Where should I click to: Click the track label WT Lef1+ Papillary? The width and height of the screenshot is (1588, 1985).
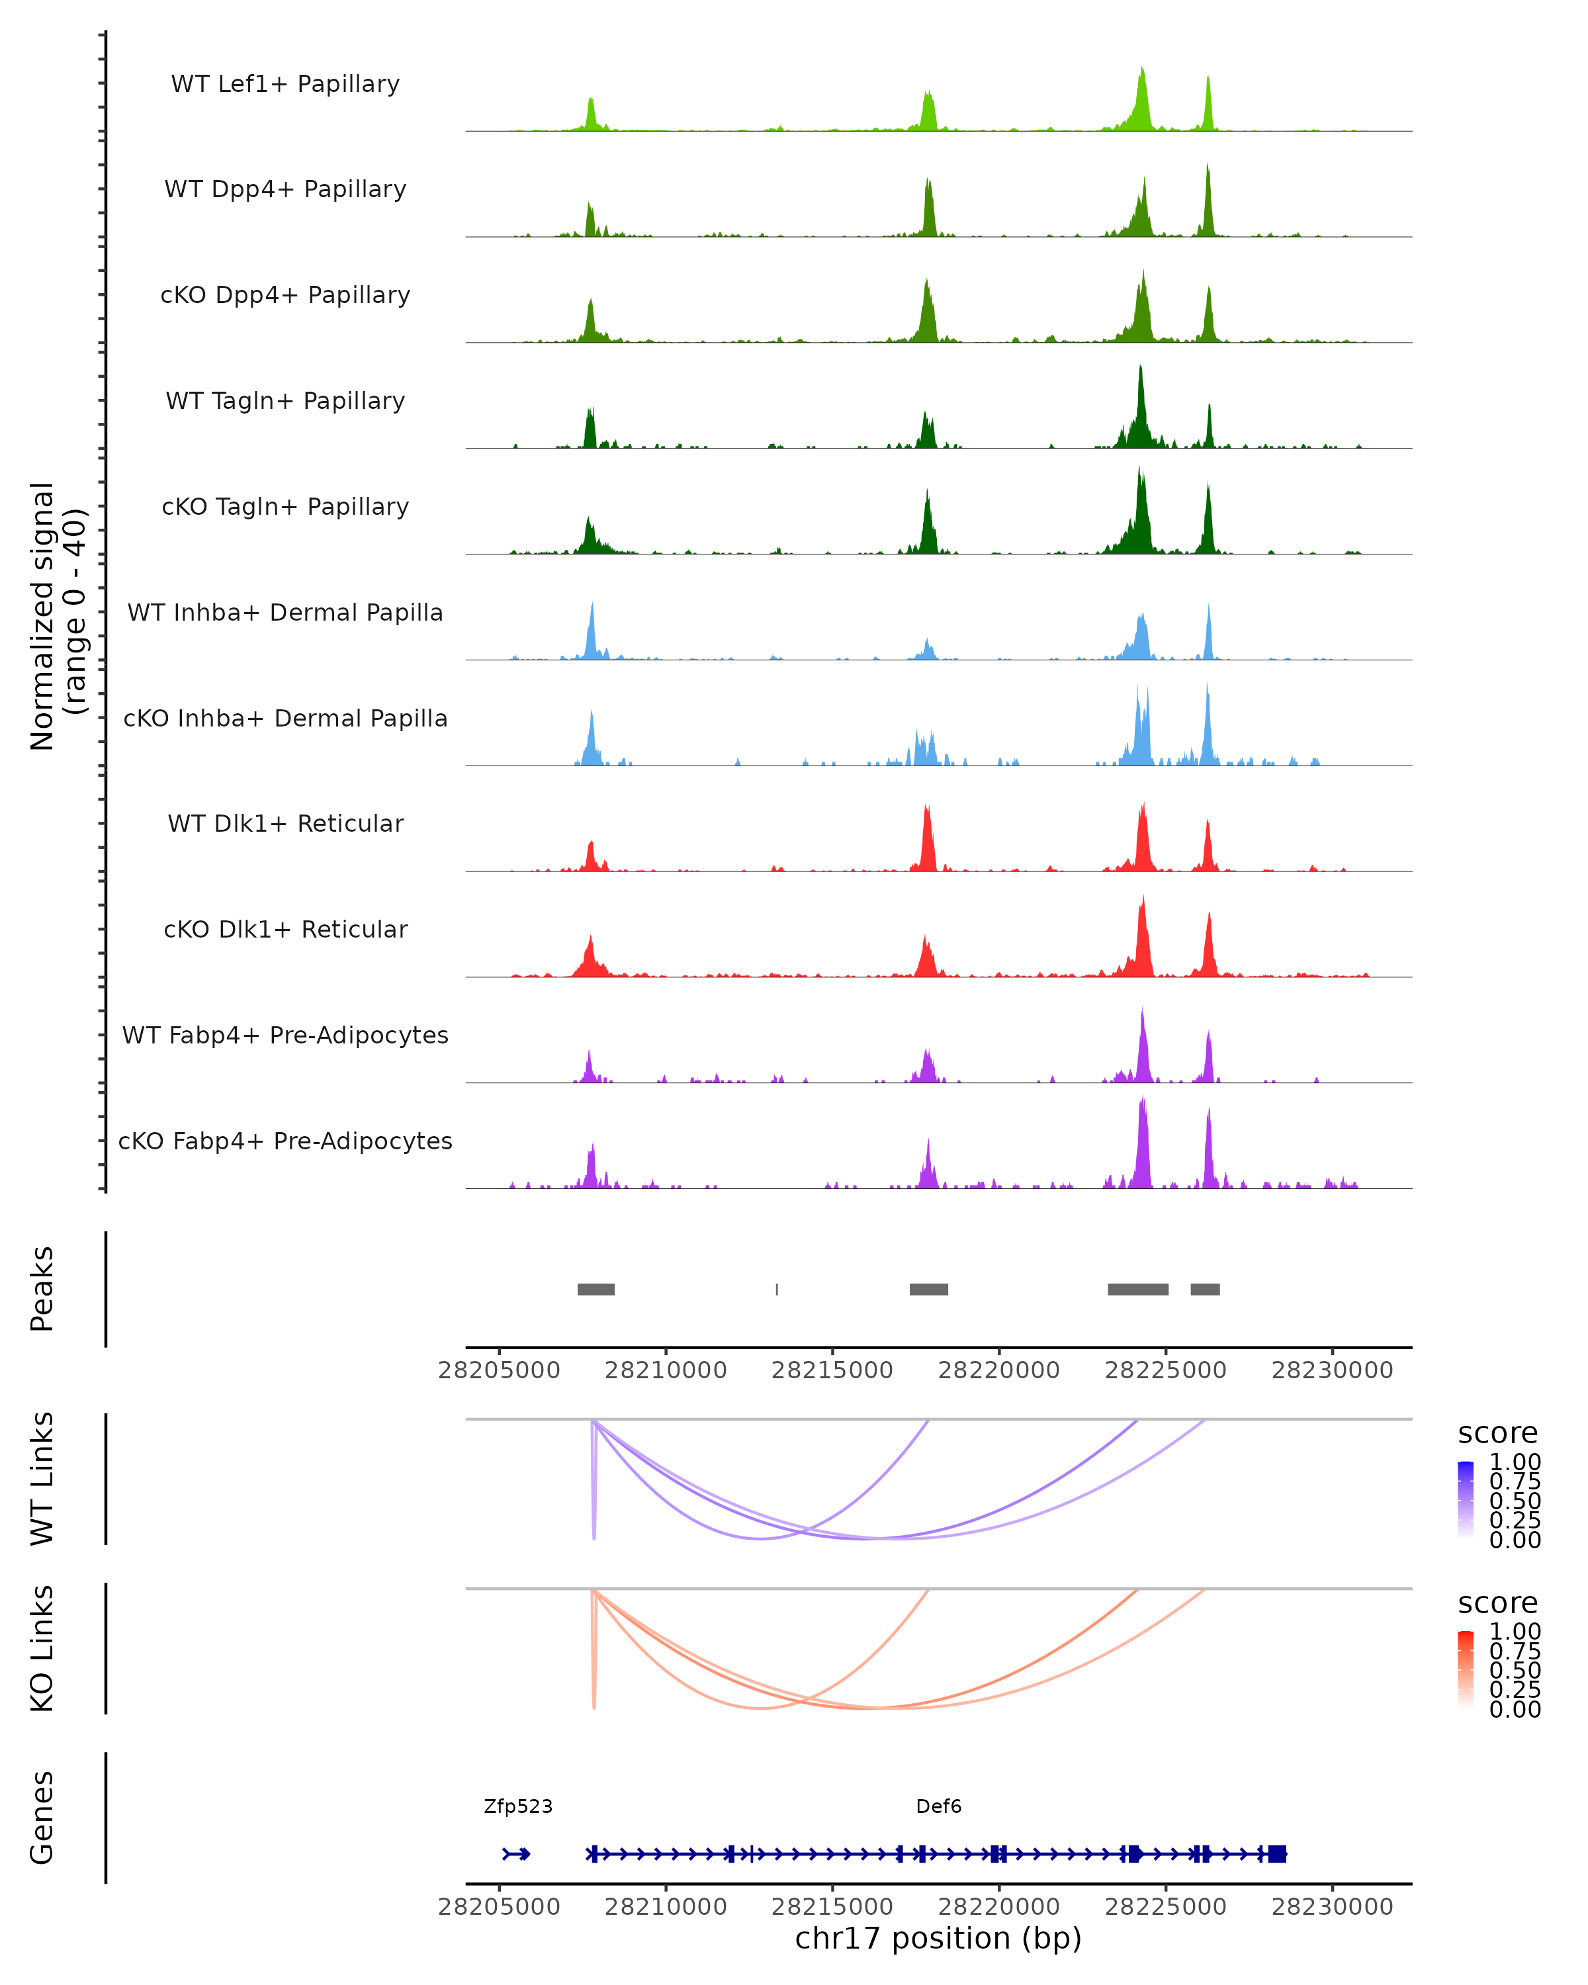[285, 84]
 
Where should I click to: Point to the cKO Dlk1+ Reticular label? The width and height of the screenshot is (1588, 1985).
[285, 929]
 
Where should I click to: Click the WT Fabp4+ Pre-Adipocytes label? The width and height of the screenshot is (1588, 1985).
[285, 1035]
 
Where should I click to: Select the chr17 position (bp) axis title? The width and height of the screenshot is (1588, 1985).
[938, 1939]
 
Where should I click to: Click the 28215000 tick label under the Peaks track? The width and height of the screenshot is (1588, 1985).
[832, 1370]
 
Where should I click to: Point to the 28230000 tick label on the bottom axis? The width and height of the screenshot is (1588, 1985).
[1332, 1907]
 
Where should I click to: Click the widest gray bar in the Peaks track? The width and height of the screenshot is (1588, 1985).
[1138, 1289]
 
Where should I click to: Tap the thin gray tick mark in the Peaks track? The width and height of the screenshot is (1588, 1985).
[777, 1289]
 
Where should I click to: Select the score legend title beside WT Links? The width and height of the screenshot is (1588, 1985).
[1498, 1434]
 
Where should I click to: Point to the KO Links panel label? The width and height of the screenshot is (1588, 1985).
[42, 1648]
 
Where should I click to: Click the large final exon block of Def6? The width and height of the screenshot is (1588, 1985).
[1277, 1854]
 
